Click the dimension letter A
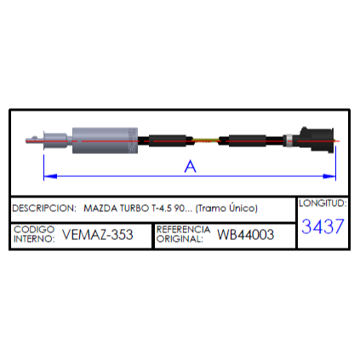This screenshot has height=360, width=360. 190,166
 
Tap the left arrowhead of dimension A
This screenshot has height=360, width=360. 50,176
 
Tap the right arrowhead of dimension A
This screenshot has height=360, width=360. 329,176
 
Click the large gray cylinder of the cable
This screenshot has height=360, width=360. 106,140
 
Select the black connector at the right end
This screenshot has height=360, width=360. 317,140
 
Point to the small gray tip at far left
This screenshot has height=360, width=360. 34,140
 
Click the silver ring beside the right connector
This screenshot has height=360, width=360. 289,140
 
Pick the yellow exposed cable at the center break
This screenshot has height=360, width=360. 206,140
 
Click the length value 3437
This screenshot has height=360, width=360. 323,226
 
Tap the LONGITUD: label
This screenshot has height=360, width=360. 323,203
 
